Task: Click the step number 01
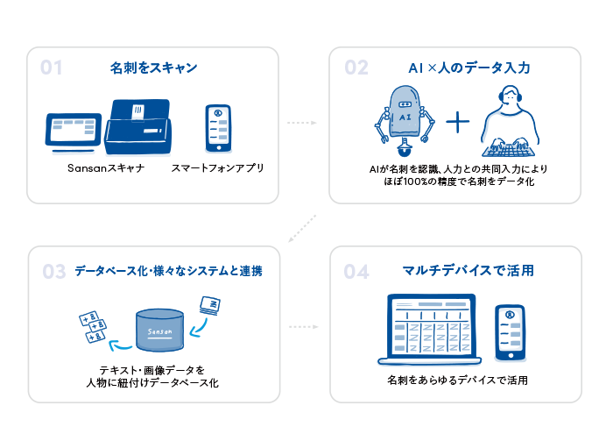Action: tap(52, 68)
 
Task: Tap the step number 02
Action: tap(356, 68)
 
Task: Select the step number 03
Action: tap(54, 272)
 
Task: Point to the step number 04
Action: tap(356, 272)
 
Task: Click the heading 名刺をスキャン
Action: tap(153, 68)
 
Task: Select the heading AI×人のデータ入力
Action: tap(469, 68)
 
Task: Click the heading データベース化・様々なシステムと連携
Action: tap(168, 272)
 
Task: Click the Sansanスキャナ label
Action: tap(106, 167)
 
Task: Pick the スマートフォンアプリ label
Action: tap(218, 167)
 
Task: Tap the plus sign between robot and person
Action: tap(458, 122)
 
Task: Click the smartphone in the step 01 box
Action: tap(217, 129)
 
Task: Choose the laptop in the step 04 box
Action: tap(430, 331)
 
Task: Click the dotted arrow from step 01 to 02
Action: tap(302, 124)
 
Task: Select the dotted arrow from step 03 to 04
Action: tap(302, 327)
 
